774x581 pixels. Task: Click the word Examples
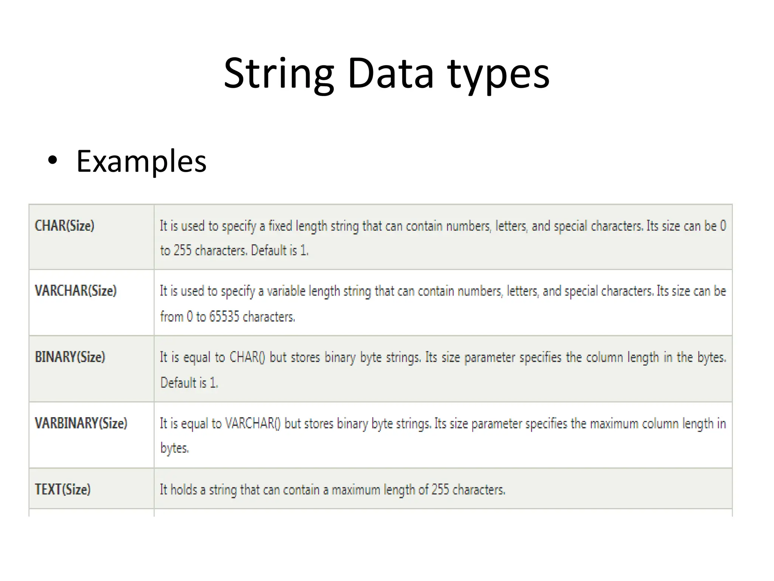pyautogui.click(x=141, y=162)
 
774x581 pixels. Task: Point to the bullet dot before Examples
pyautogui.click(x=53, y=161)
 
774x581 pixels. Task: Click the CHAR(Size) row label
pyautogui.click(x=65, y=226)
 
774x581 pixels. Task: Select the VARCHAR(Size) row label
pyautogui.click(x=76, y=291)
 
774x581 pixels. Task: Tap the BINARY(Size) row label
pyautogui.click(x=70, y=357)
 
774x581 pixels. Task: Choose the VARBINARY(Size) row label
pyautogui.click(x=81, y=423)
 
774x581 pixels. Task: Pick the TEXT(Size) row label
pyautogui.click(x=63, y=489)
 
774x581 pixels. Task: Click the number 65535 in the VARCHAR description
pyautogui.click(x=224, y=316)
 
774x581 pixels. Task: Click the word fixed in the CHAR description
pyautogui.click(x=280, y=226)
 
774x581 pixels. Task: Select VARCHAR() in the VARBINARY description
pyautogui.click(x=252, y=423)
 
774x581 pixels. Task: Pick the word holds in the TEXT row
pyautogui.click(x=184, y=490)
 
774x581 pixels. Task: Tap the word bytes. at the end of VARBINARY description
pyautogui.click(x=174, y=448)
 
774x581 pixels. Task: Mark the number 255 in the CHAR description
pyautogui.click(x=182, y=250)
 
